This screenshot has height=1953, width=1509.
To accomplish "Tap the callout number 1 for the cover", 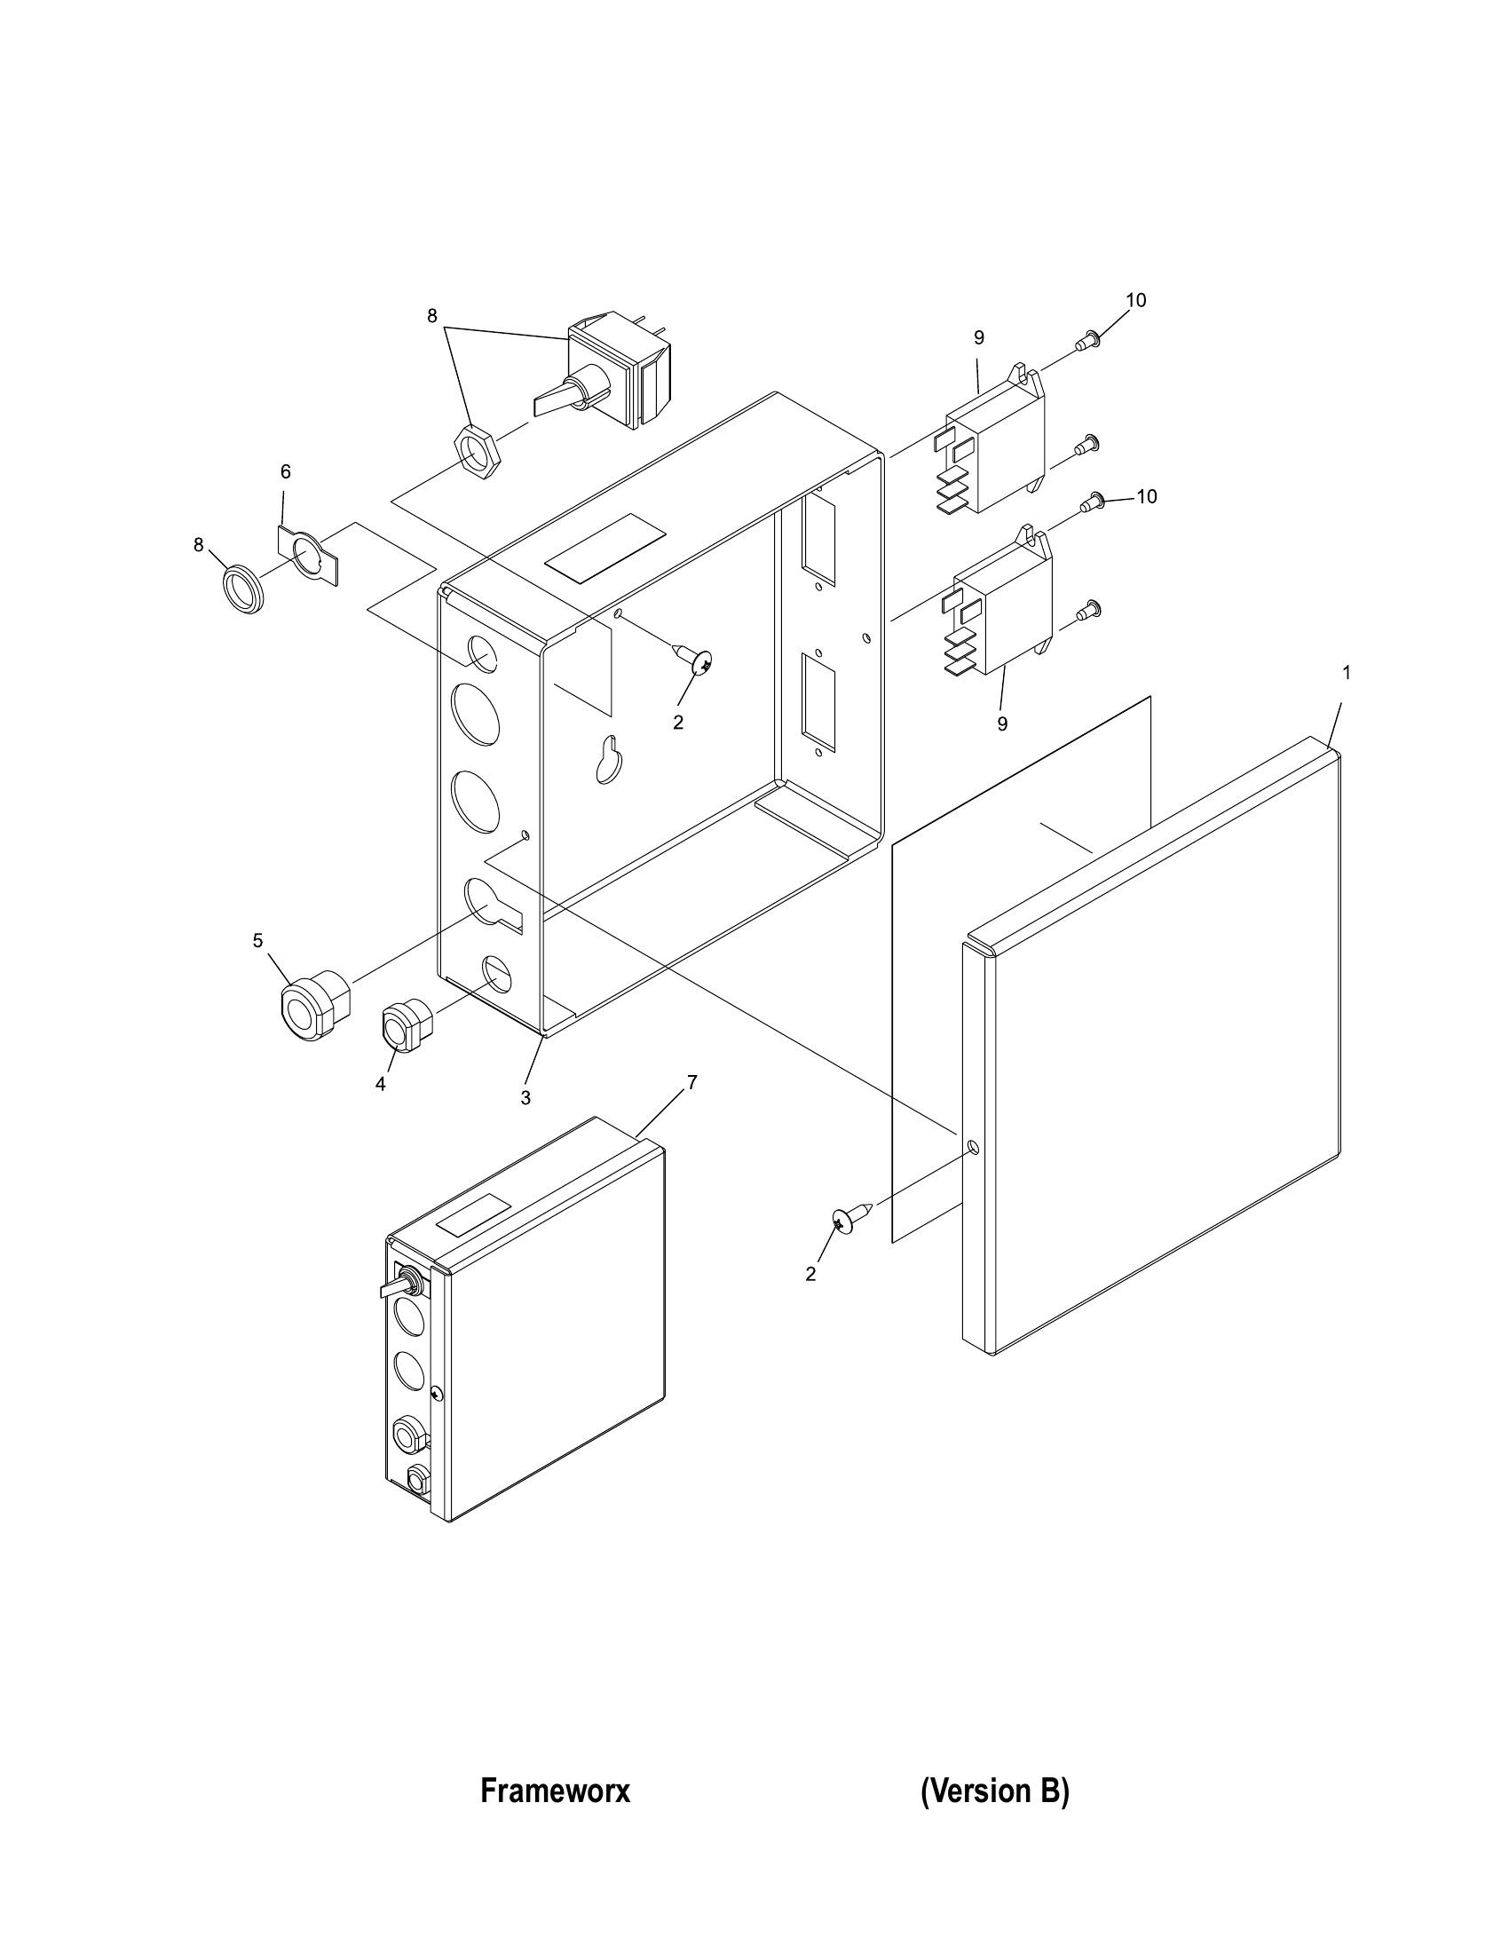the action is tap(1347, 672).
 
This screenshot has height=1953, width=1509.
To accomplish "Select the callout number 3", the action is tap(525, 1097).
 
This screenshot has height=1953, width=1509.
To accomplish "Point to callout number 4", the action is tap(380, 1084).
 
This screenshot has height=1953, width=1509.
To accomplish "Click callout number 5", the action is tap(257, 940).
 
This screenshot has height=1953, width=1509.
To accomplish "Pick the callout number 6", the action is tap(285, 471).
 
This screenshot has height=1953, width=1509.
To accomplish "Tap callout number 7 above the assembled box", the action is tap(691, 1082).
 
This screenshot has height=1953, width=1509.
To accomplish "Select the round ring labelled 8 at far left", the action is tap(243, 588).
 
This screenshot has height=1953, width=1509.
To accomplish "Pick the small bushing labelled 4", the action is tap(407, 1026).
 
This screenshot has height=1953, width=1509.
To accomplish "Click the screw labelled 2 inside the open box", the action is tap(693, 657).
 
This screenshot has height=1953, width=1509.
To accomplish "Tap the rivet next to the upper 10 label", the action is tap(1088, 341).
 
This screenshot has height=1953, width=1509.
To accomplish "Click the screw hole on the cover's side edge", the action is tap(974, 1147).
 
